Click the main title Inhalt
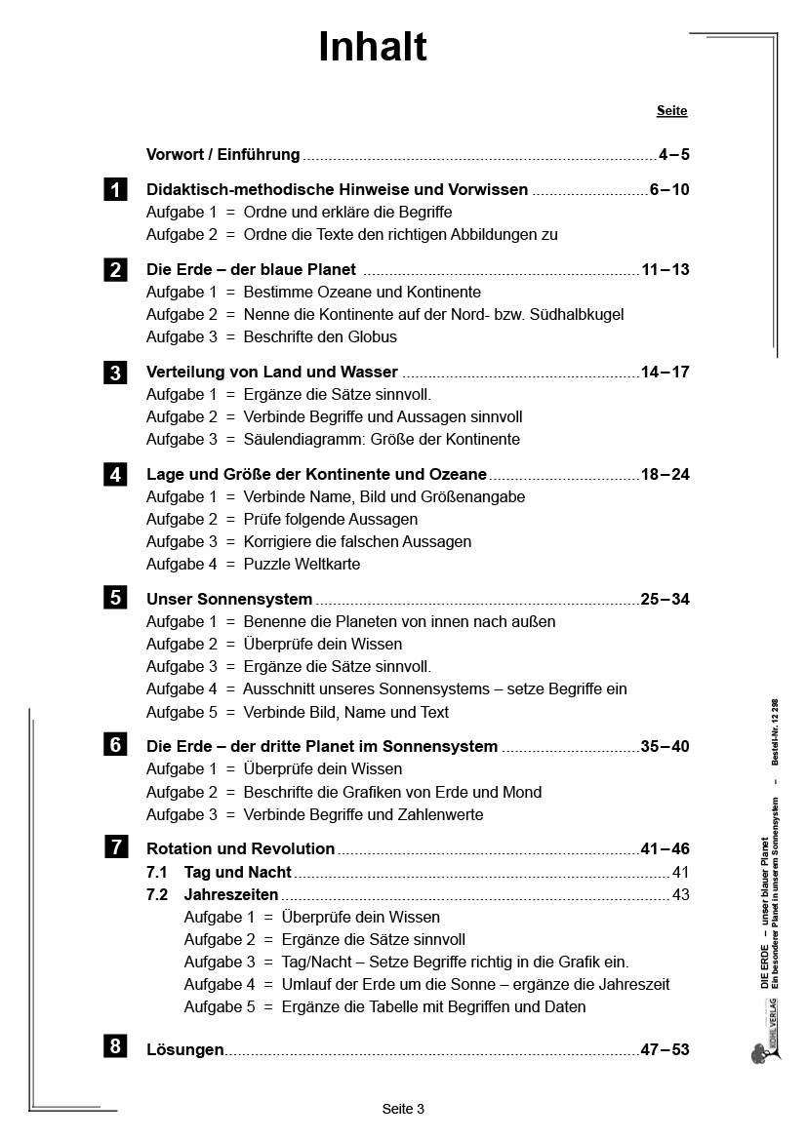[373, 47]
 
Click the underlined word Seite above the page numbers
[671, 111]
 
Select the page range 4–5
[673, 154]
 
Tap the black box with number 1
[115, 190]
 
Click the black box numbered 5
[115, 598]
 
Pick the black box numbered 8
[115, 1046]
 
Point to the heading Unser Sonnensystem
[229, 599]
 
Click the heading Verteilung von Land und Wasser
[271, 372]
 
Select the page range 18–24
[665, 475]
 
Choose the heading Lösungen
[184, 1049]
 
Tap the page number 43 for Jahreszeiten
[680, 894]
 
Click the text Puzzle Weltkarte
[302, 564]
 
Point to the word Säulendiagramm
[302, 439]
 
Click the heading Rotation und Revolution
[240, 848]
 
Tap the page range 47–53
[665, 1049]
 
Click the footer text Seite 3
[403, 1109]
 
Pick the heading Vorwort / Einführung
[222, 154]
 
